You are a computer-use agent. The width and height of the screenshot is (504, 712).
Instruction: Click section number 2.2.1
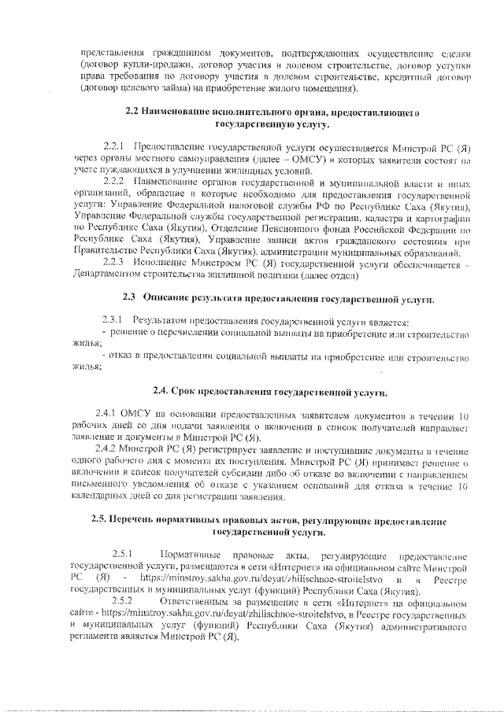tap(114, 147)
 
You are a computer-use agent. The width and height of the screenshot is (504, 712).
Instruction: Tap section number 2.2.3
tap(114, 262)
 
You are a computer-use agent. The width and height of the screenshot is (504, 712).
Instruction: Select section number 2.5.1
tap(123, 553)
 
